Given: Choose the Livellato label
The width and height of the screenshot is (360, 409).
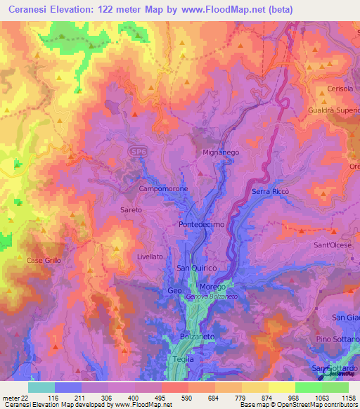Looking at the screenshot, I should pyautogui.click(x=149, y=257).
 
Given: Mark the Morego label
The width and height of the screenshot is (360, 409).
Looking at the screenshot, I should pyautogui.click(x=212, y=287).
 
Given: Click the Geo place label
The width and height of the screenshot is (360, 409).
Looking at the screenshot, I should pyautogui.click(x=174, y=290).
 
